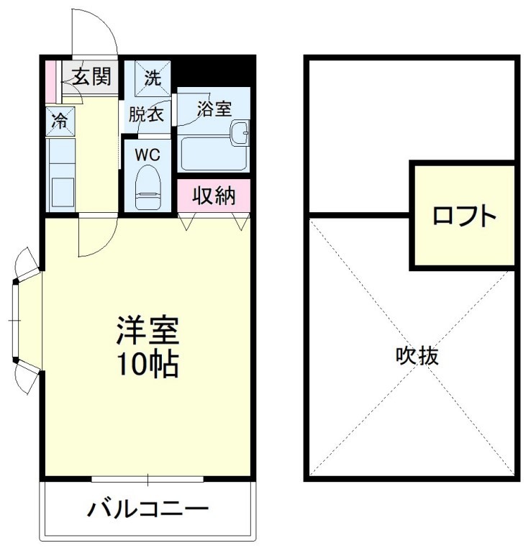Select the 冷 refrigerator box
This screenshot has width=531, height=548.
(59, 121)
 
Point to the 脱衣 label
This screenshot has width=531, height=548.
(147, 114)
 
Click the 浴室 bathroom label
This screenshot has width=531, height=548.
(214, 109)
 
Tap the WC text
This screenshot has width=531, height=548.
(147, 153)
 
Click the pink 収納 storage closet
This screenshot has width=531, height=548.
(214, 196)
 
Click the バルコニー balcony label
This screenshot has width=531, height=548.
(147, 510)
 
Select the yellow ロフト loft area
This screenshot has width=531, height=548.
(464, 216)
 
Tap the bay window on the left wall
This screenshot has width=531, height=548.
(20, 317)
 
